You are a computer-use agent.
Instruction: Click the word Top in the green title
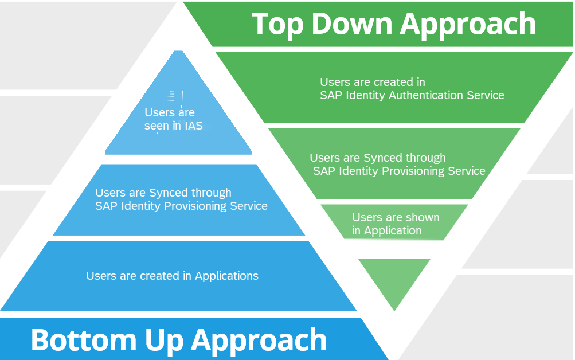[x=277, y=24]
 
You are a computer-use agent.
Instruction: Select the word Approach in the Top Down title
[x=468, y=25]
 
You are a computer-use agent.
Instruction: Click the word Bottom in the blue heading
[x=84, y=340]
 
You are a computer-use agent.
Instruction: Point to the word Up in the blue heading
[x=164, y=341]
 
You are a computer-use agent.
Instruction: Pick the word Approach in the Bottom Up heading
[x=259, y=341]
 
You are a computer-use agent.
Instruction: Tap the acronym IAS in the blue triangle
[x=193, y=126]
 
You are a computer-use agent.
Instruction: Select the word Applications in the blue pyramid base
[x=226, y=276]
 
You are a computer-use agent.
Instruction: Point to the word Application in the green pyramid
[x=393, y=230]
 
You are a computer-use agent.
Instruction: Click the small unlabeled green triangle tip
[x=394, y=311]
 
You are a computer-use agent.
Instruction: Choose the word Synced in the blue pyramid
[x=167, y=193]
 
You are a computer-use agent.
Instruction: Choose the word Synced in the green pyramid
[x=382, y=158]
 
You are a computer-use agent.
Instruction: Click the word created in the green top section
[x=389, y=82]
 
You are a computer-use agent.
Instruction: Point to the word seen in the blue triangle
[x=157, y=126]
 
